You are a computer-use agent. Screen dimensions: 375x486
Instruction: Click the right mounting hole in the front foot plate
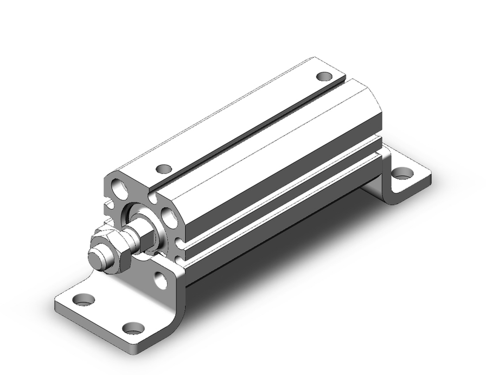(x=132, y=328)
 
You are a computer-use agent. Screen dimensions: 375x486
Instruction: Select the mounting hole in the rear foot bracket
(x=402, y=172)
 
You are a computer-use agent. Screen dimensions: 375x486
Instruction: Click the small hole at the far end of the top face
(x=324, y=76)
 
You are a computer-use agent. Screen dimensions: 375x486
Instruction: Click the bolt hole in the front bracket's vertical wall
(x=160, y=278)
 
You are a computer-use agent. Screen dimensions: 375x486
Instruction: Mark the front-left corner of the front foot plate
(x=56, y=305)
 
